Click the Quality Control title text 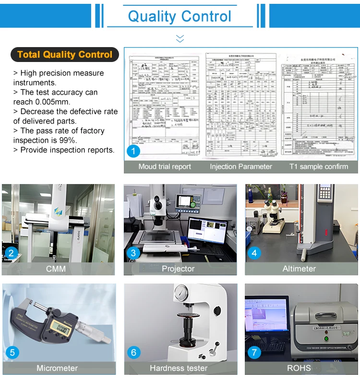point(180,16)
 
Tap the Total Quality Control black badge point(64,54)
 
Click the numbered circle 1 point(133,151)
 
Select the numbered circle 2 point(11,253)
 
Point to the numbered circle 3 point(133,253)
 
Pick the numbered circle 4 point(254,253)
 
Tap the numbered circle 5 point(12,353)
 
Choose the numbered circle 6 point(133,353)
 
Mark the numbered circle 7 point(254,353)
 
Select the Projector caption point(178,269)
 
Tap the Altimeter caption point(299,269)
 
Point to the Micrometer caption point(57,368)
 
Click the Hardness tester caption point(179,368)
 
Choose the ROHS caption point(299,368)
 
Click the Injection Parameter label point(241,167)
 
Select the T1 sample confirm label point(319,167)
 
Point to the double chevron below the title point(180,38)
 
